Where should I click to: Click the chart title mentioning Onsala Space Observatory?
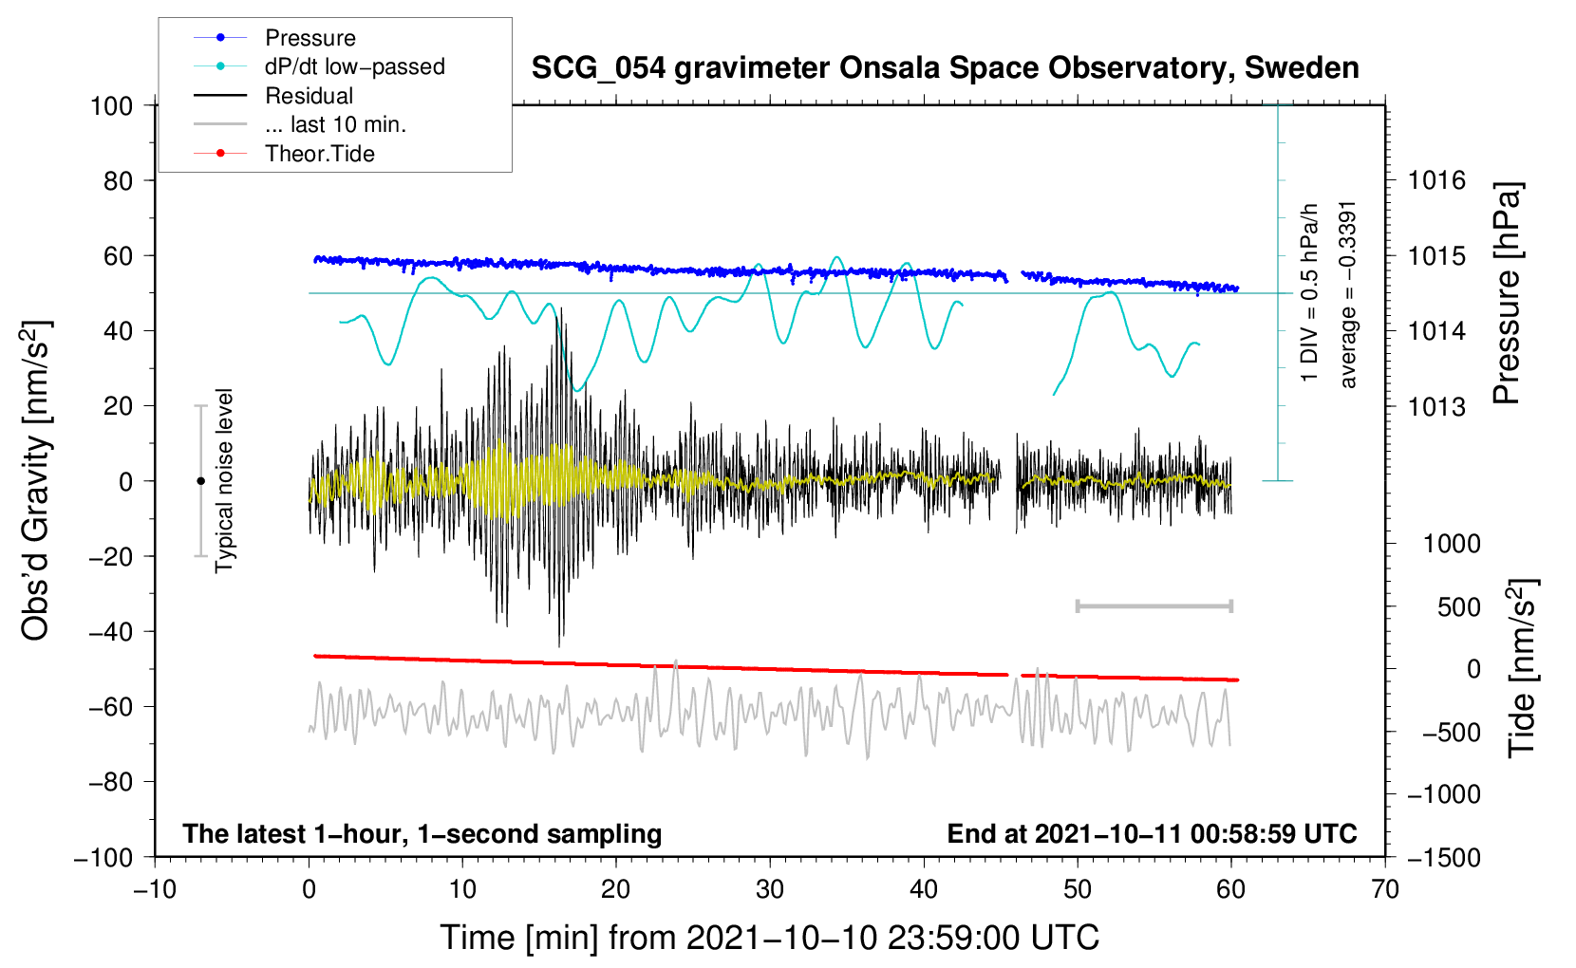(945, 68)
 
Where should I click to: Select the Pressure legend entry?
(310, 38)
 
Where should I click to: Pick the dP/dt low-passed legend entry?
(354, 66)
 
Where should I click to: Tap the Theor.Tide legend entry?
(319, 154)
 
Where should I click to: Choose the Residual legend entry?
(309, 96)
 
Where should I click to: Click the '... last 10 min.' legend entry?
(335, 124)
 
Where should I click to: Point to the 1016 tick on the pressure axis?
(1436, 180)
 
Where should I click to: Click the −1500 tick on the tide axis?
(1443, 857)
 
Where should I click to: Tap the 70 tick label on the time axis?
(1385, 889)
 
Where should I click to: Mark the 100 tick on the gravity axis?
(112, 105)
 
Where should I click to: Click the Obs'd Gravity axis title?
(36, 480)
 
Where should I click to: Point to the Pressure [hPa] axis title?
(1507, 294)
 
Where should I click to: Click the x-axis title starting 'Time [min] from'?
(770, 938)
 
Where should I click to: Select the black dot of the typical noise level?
(200, 481)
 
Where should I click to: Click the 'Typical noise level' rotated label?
(224, 480)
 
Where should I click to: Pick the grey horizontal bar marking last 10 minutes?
(1154, 605)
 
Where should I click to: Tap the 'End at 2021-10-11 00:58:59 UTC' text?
(1152, 833)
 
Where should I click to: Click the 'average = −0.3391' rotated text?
(1348, 294)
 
